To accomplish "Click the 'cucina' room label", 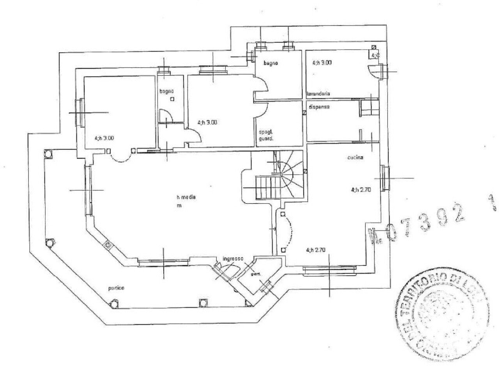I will (x=355, y=158).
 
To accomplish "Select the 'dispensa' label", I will (x=319, y=107).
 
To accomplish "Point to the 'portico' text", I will (x=117, y=288).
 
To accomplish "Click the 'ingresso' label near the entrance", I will (x=233, y=259).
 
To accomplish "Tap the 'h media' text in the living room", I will (x=186, y=197).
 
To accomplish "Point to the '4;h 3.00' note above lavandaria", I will (x=322, y=62).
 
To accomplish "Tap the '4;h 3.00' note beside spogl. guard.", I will (x=207, y=122).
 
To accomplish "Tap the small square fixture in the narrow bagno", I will (x=172, y=99).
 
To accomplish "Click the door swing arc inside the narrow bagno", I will (x=166, y=116).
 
